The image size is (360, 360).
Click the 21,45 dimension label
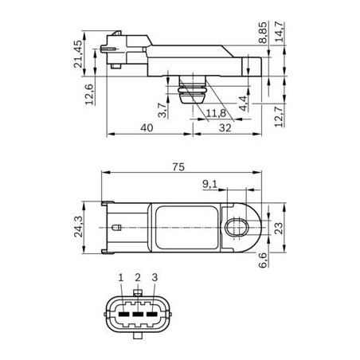point(78,54)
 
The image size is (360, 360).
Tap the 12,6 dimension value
point(89,95)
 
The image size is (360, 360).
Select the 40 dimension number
point(147,128)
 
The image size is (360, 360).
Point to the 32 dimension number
point(225,128)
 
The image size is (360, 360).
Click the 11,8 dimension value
point(216,113)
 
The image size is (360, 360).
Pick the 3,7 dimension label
point(162,110)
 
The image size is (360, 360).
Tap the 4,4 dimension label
point(243,104)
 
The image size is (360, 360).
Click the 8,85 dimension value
point(263,33)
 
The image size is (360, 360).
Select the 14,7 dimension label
point(279,32)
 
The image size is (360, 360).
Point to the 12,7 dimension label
point(279,115)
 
